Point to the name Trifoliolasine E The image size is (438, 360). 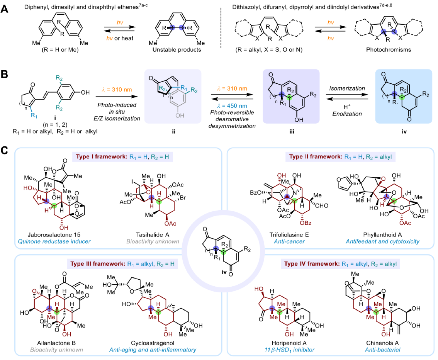click(x=289, y=234)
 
